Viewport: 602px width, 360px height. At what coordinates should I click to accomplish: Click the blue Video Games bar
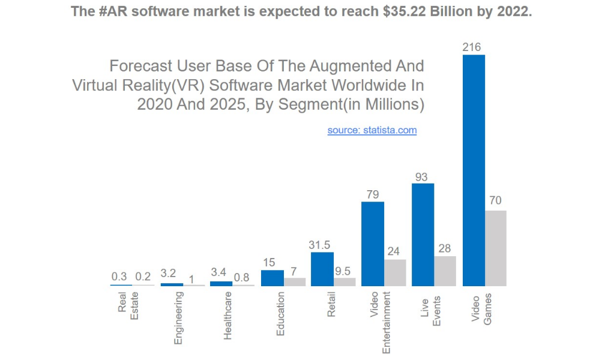(x=474, y=170)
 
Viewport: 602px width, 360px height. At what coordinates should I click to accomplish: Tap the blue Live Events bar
(x=423, y=235)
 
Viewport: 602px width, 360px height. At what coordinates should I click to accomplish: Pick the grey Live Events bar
(x=445, y=271)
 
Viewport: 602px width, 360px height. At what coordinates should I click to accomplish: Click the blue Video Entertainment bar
(x=372, y=244)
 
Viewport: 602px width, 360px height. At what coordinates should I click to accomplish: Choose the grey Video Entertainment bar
(x=394, y=272)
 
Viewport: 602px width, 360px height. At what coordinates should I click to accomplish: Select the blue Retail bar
(x=322, y=269)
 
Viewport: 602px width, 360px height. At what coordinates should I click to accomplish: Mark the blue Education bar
(x=272, y=278)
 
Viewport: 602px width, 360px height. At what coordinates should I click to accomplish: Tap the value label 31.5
(x=319, y=245)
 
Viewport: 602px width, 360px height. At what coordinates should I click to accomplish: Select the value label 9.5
(x=344, y=271)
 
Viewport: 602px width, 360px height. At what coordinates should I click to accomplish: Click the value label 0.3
(x=119, y=277)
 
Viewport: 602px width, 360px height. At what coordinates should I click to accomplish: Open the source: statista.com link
(x=372, y=130)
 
